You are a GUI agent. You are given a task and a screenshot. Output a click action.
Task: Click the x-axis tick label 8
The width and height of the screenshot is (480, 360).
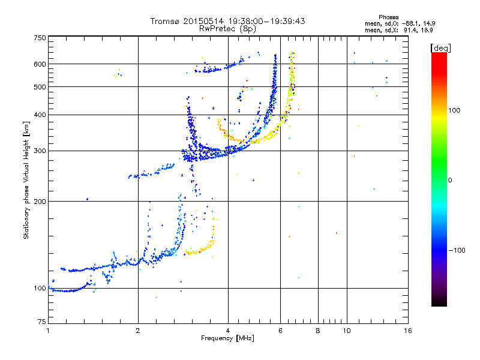click(x=318, y=331)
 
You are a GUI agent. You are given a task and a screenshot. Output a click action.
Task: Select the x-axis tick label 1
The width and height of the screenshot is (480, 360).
click(x=48, y=331)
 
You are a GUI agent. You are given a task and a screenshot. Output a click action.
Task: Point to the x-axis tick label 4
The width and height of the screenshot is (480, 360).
click(x=228, y=331)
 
